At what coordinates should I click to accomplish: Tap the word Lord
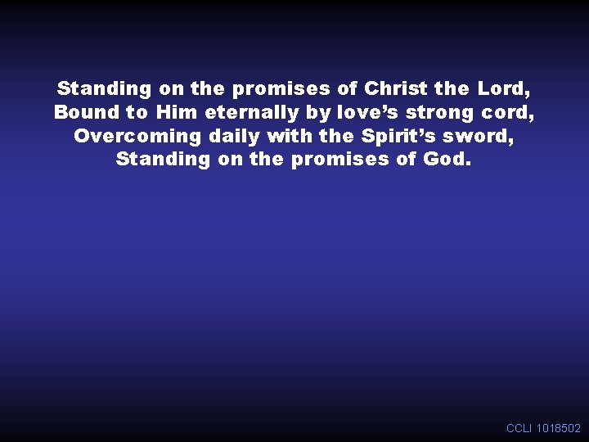(x=506, y=88)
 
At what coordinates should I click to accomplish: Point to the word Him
(x=178, y=111)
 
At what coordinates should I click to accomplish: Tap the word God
(x=447, y=159)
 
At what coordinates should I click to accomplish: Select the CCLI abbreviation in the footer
(x=519, y=428)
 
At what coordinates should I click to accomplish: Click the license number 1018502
(x=559, y=428)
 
